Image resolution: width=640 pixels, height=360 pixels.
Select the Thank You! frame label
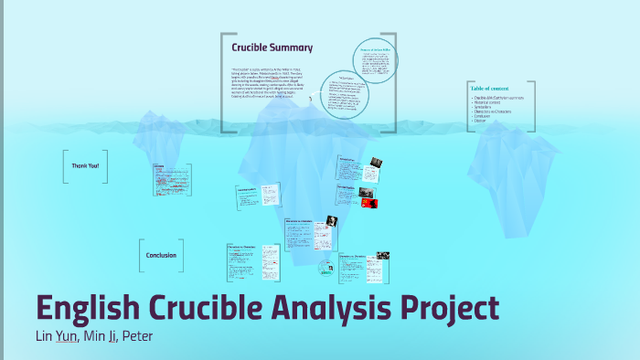pyautogui.click(x=85, y=165)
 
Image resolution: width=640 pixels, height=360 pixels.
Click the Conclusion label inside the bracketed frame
pyautogui.click(x=162, y=255)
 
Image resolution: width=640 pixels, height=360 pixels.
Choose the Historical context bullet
pyautogui.click(x=495, y=101)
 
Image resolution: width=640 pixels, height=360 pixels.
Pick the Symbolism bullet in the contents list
pyautogui.click(x=488, y=106)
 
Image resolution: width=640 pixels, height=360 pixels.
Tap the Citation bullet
pyautogui.click(x=485, y=120)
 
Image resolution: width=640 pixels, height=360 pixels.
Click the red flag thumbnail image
pyautogui.click(x=369, y=202)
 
